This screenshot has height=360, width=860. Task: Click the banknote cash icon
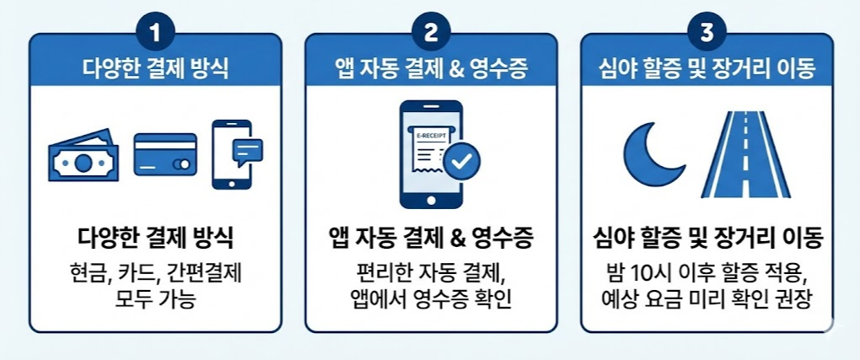pyautogui.click(x=83, y=155)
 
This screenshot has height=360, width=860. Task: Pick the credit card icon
pyautogui.click(x=165, y=155)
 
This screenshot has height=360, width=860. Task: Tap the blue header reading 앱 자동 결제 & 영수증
pyautogui.click(x=431, y=69)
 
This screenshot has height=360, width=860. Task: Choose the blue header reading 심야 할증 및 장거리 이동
pyautogui.click(x=707, y=69)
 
